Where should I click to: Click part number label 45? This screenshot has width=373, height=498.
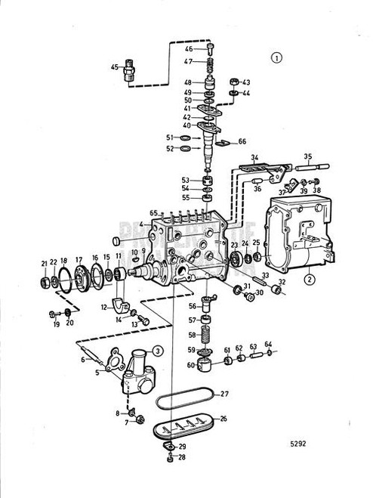(x=114, y=67)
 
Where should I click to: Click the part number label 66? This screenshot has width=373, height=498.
(x=242, y=141)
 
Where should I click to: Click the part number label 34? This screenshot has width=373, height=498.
(x=254, y=158)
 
